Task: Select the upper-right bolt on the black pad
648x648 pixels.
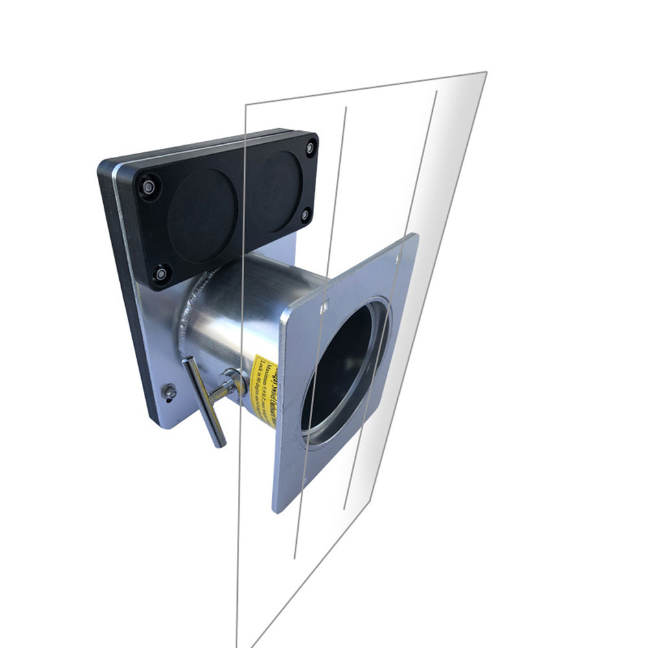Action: (310, 148)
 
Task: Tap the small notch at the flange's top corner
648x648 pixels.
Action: (397, 257)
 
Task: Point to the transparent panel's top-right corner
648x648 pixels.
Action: (486, 72)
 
